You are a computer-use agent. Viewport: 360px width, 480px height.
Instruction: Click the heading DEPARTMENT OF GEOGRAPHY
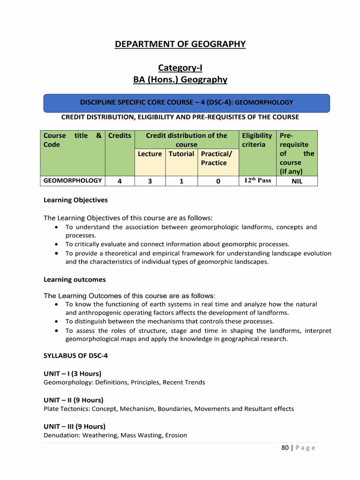180,44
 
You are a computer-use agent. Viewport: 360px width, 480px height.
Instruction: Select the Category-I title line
180,68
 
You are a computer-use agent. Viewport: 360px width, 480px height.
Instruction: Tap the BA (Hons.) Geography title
180,80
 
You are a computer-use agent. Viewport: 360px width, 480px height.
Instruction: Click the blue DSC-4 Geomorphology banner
187,102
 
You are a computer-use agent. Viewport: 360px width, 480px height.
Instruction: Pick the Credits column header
120,135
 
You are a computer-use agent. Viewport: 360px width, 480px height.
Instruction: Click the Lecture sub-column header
150,154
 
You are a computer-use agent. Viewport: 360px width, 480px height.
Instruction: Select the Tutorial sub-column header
181,154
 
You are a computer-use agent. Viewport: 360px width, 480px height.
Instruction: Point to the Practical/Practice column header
213,158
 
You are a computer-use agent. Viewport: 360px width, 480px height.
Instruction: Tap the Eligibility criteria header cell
257,140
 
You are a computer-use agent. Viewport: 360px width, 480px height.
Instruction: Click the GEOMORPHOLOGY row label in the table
73,180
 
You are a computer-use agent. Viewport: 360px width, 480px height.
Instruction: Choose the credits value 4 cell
120,181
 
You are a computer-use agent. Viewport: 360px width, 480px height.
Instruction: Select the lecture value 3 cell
150,181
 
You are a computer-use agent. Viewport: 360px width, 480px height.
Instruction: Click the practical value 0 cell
218,181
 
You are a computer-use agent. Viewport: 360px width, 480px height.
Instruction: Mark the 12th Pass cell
257,180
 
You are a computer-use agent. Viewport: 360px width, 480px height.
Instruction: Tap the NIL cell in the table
297,181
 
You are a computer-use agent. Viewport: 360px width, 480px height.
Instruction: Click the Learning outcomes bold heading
75,279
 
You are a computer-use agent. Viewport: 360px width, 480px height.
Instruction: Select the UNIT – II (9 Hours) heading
73,400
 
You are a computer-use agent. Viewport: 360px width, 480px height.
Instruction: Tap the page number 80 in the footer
285,448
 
